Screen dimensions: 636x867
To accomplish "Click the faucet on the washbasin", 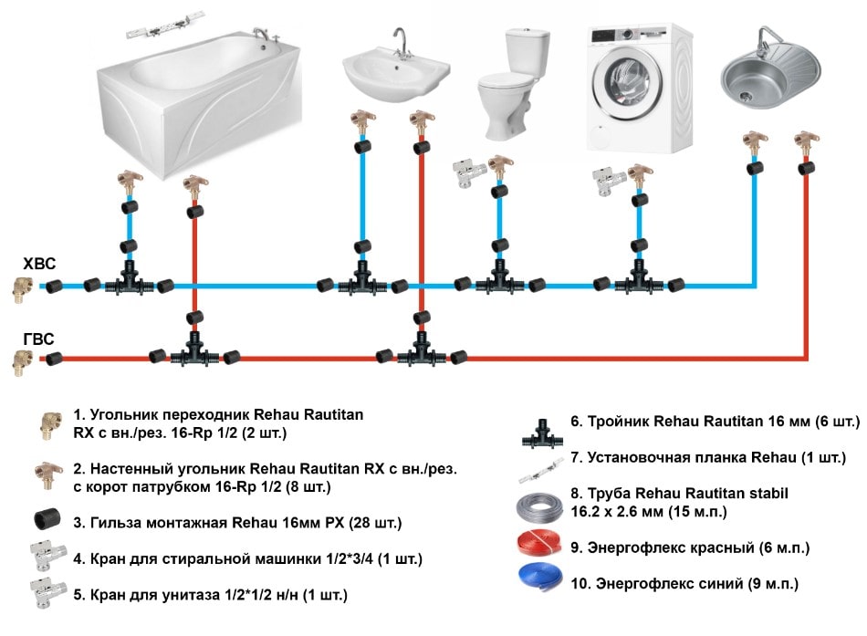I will [399, 40].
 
